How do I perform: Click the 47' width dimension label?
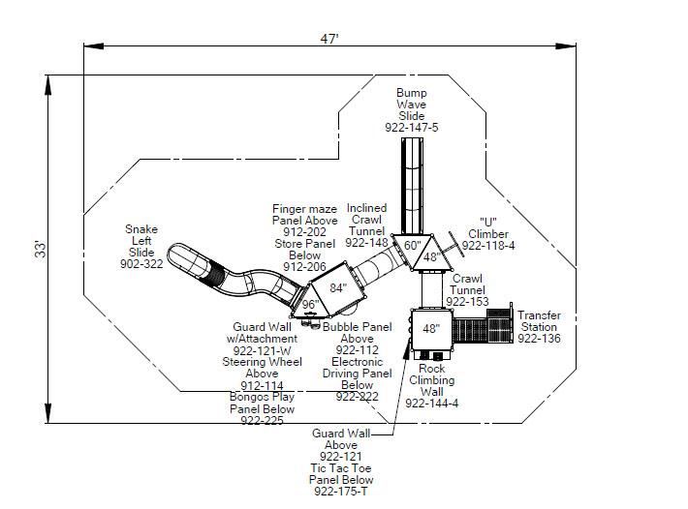pos(329,39)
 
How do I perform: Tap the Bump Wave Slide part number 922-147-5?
pos(411,128)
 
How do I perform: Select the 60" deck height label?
pos(413,246)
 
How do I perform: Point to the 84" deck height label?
pos(337,287)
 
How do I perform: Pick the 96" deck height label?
pos(310,304)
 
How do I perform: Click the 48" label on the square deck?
pos(430,329)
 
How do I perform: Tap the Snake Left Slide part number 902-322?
pos(141,264)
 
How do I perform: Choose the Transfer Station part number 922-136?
pos(539,339)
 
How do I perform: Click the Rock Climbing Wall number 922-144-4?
pos(432,403)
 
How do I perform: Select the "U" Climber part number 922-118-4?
pos(487,246)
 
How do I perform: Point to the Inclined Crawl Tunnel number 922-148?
pos(366,243)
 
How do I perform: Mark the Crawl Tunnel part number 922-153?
pos(468,302)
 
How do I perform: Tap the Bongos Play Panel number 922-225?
pos(262,420)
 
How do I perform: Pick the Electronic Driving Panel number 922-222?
pos(358,397)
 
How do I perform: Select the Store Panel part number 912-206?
pos(304,267)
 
